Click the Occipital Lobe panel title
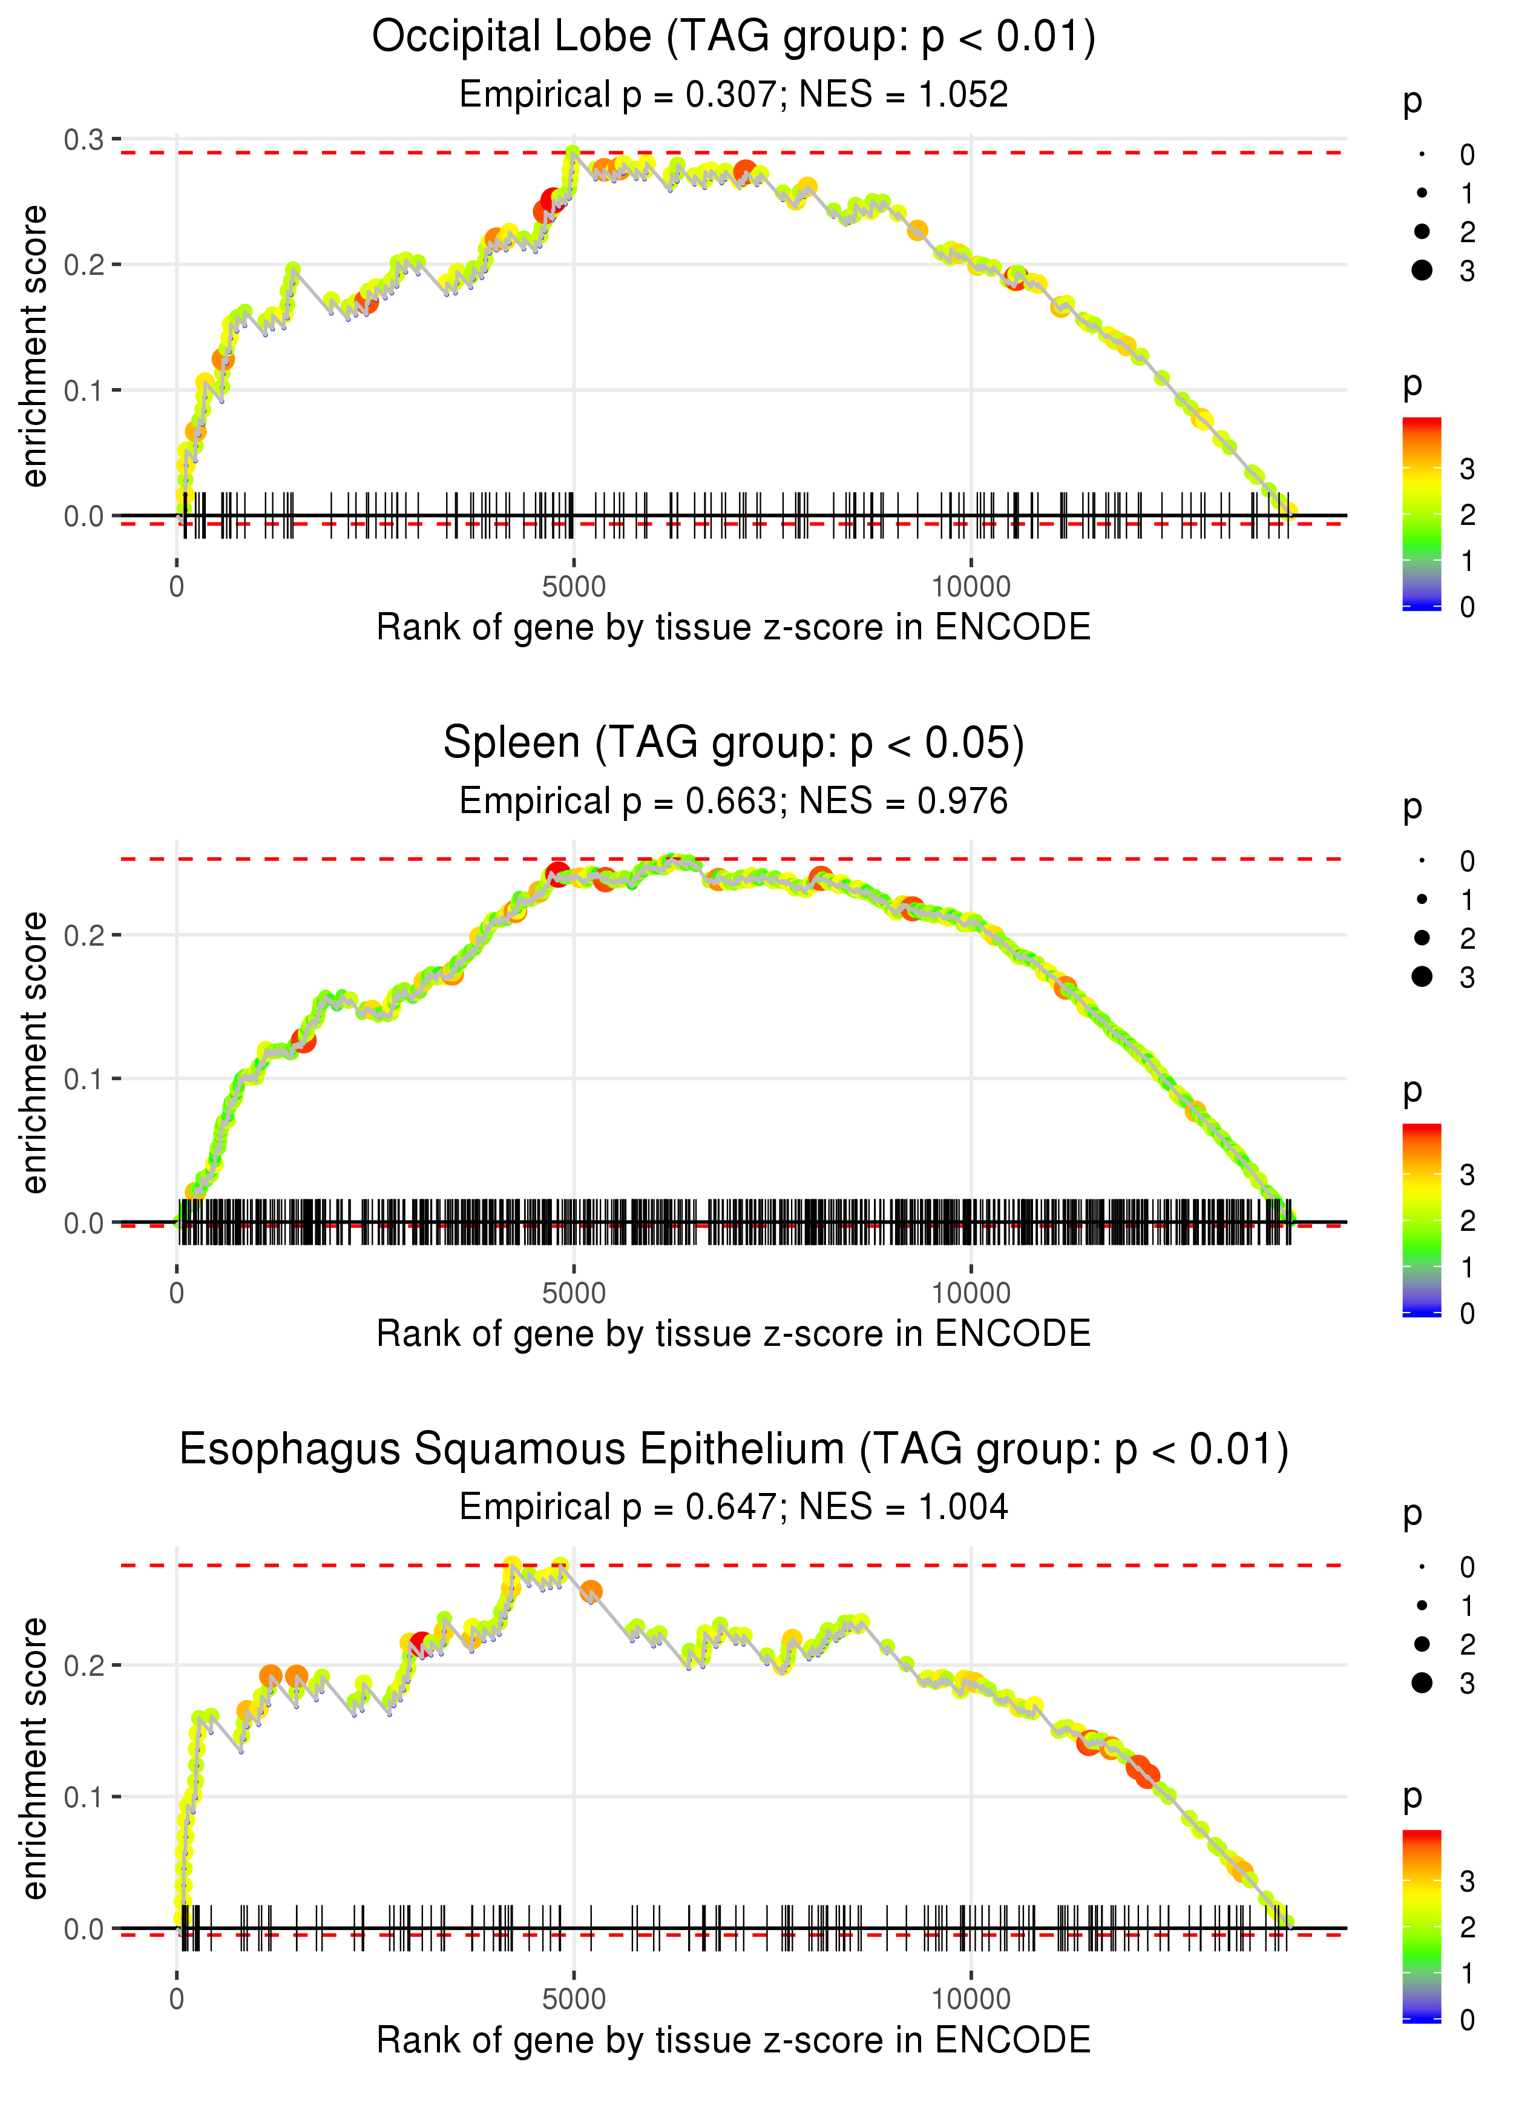[734, 38]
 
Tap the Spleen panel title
[734, 743]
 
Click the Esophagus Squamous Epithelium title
[734, 1450]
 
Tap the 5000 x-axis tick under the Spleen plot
[573, 1293]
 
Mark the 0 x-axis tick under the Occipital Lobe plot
[177, 587]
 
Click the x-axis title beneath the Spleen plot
[734, 1334]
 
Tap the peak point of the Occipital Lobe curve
[572, 153]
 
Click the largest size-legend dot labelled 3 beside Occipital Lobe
[1422, 270]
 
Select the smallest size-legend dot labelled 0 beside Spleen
[1422, 861]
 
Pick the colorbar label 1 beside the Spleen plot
[1468, 1267]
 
